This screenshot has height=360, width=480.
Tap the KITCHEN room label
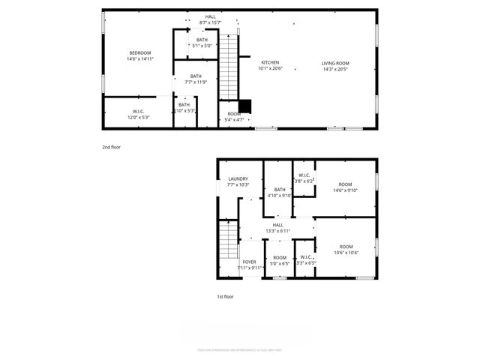pyautogui.click(x=270, y=65)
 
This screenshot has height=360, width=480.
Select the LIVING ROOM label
pyautogui.click(x=335, y=66)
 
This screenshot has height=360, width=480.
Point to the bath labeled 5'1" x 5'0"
pyautogui.click(x=202, y=43)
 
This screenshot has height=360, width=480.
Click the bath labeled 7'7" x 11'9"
pyautogui.click(x=196, y=79)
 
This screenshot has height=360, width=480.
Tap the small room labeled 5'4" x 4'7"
pyautogui.click(x=234, y=117)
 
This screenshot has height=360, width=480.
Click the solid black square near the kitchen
pyautogui.click(x=244, y=106)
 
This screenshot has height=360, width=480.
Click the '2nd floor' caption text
pyautogui.click(x=111, y=147)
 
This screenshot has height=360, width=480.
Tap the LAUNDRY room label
pyautogui.click(x=238, y=181)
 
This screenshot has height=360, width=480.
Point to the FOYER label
pyautogui.click(x=250, y=264)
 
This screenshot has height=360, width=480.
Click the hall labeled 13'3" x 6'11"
pyautogui.click(x=277, y=228)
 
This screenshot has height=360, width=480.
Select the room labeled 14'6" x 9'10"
pyautogui.click(x=345, y=187)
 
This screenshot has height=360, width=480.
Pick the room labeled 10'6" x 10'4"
pyautogui.click(x=345, y=250)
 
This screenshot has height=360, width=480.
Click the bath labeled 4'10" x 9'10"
pyautogui.click(x=280, y=193)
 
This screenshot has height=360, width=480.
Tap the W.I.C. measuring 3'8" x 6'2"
pyautogui.click(x=303, y=178)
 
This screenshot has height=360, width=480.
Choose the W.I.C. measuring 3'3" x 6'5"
pyautogui.click(x=305, y=260)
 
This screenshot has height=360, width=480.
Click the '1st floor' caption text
pyautogui.click(x=226, y=297)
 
